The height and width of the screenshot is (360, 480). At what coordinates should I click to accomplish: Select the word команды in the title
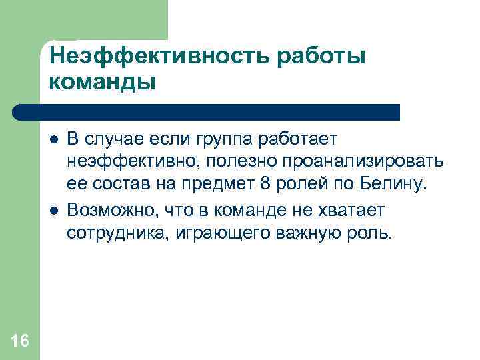pyautogui.click(x=102, y=83)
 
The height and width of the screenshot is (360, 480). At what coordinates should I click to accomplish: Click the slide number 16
pyautogui.click(x=20, y=342)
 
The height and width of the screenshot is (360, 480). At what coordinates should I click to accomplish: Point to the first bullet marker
pyautogui.click(x=53, y=141)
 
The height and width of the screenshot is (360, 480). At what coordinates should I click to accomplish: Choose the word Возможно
pyautogui.click(x=102, y=210)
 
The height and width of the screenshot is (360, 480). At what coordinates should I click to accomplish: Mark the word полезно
pyautogui.click(x=225, y=162)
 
